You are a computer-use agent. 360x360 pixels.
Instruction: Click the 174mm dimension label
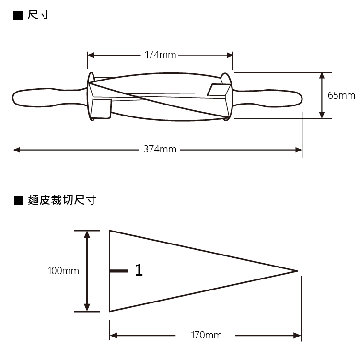click(160, 55)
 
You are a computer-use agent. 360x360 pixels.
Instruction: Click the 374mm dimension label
click(160, 150)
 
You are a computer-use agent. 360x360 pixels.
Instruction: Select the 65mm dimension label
click(341, 95)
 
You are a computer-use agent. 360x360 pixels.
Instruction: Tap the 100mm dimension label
click(63, 271)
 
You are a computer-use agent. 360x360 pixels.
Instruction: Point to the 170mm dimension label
click(206, 335)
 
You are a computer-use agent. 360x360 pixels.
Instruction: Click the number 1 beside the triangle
click(139, 271)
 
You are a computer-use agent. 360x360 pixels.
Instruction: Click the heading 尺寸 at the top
click(37, 15)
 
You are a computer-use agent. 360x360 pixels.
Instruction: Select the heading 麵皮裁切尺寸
click(61, 200)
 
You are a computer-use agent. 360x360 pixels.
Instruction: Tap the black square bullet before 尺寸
click(18, 15)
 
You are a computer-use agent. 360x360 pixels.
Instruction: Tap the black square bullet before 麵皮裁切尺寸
click(18, 200)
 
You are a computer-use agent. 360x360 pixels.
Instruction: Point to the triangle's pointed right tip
click(297, 271)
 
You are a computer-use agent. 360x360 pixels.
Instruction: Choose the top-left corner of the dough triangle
click(110, 231)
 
